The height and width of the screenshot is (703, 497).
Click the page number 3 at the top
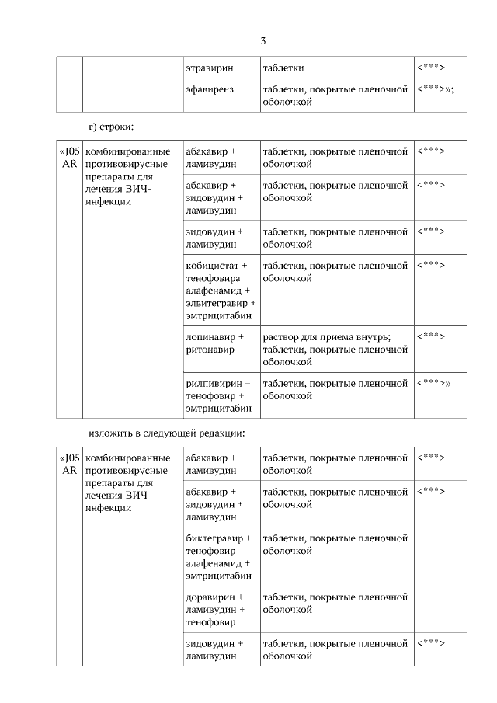(x=263, y=40)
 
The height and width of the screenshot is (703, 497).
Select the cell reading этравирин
(x=210, y=68)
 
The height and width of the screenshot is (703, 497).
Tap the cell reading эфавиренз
(x=210, y=90)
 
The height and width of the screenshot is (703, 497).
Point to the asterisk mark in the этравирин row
(x=431, y=68)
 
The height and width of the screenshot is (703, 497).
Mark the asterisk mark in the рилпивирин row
(x=433, y=383)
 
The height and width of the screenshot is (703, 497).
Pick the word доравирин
(x=211, y=597)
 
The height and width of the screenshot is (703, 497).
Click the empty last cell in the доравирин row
(x=440, y=610)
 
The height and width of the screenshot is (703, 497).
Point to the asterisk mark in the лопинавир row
(x=431, y=336)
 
